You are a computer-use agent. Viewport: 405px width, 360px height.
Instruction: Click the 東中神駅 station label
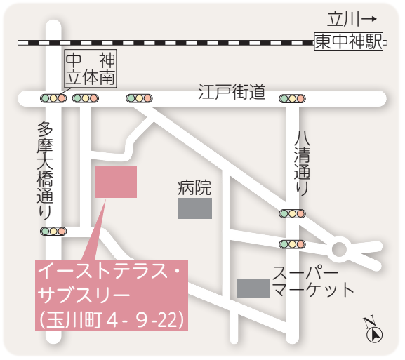coord(349,42)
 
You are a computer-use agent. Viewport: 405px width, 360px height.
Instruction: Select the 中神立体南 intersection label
coord(91,67)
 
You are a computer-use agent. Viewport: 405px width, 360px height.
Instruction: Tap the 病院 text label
coord(194,187)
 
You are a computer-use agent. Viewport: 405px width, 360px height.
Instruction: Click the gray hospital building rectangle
coord(194,208)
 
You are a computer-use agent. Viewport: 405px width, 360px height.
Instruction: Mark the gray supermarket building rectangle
coord(253,288)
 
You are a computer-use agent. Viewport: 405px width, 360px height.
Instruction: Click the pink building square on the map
coord(116,182)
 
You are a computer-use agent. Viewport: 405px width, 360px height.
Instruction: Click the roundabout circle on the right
coord(340,247)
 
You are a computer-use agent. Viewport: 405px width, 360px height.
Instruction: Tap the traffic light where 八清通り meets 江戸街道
coord(292,99)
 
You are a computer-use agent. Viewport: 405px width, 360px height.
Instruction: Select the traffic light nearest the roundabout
coord(292,244)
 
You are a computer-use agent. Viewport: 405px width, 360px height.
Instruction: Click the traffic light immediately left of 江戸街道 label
coord(139,98)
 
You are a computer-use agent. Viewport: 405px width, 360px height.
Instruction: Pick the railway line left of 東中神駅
coord(168,42)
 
